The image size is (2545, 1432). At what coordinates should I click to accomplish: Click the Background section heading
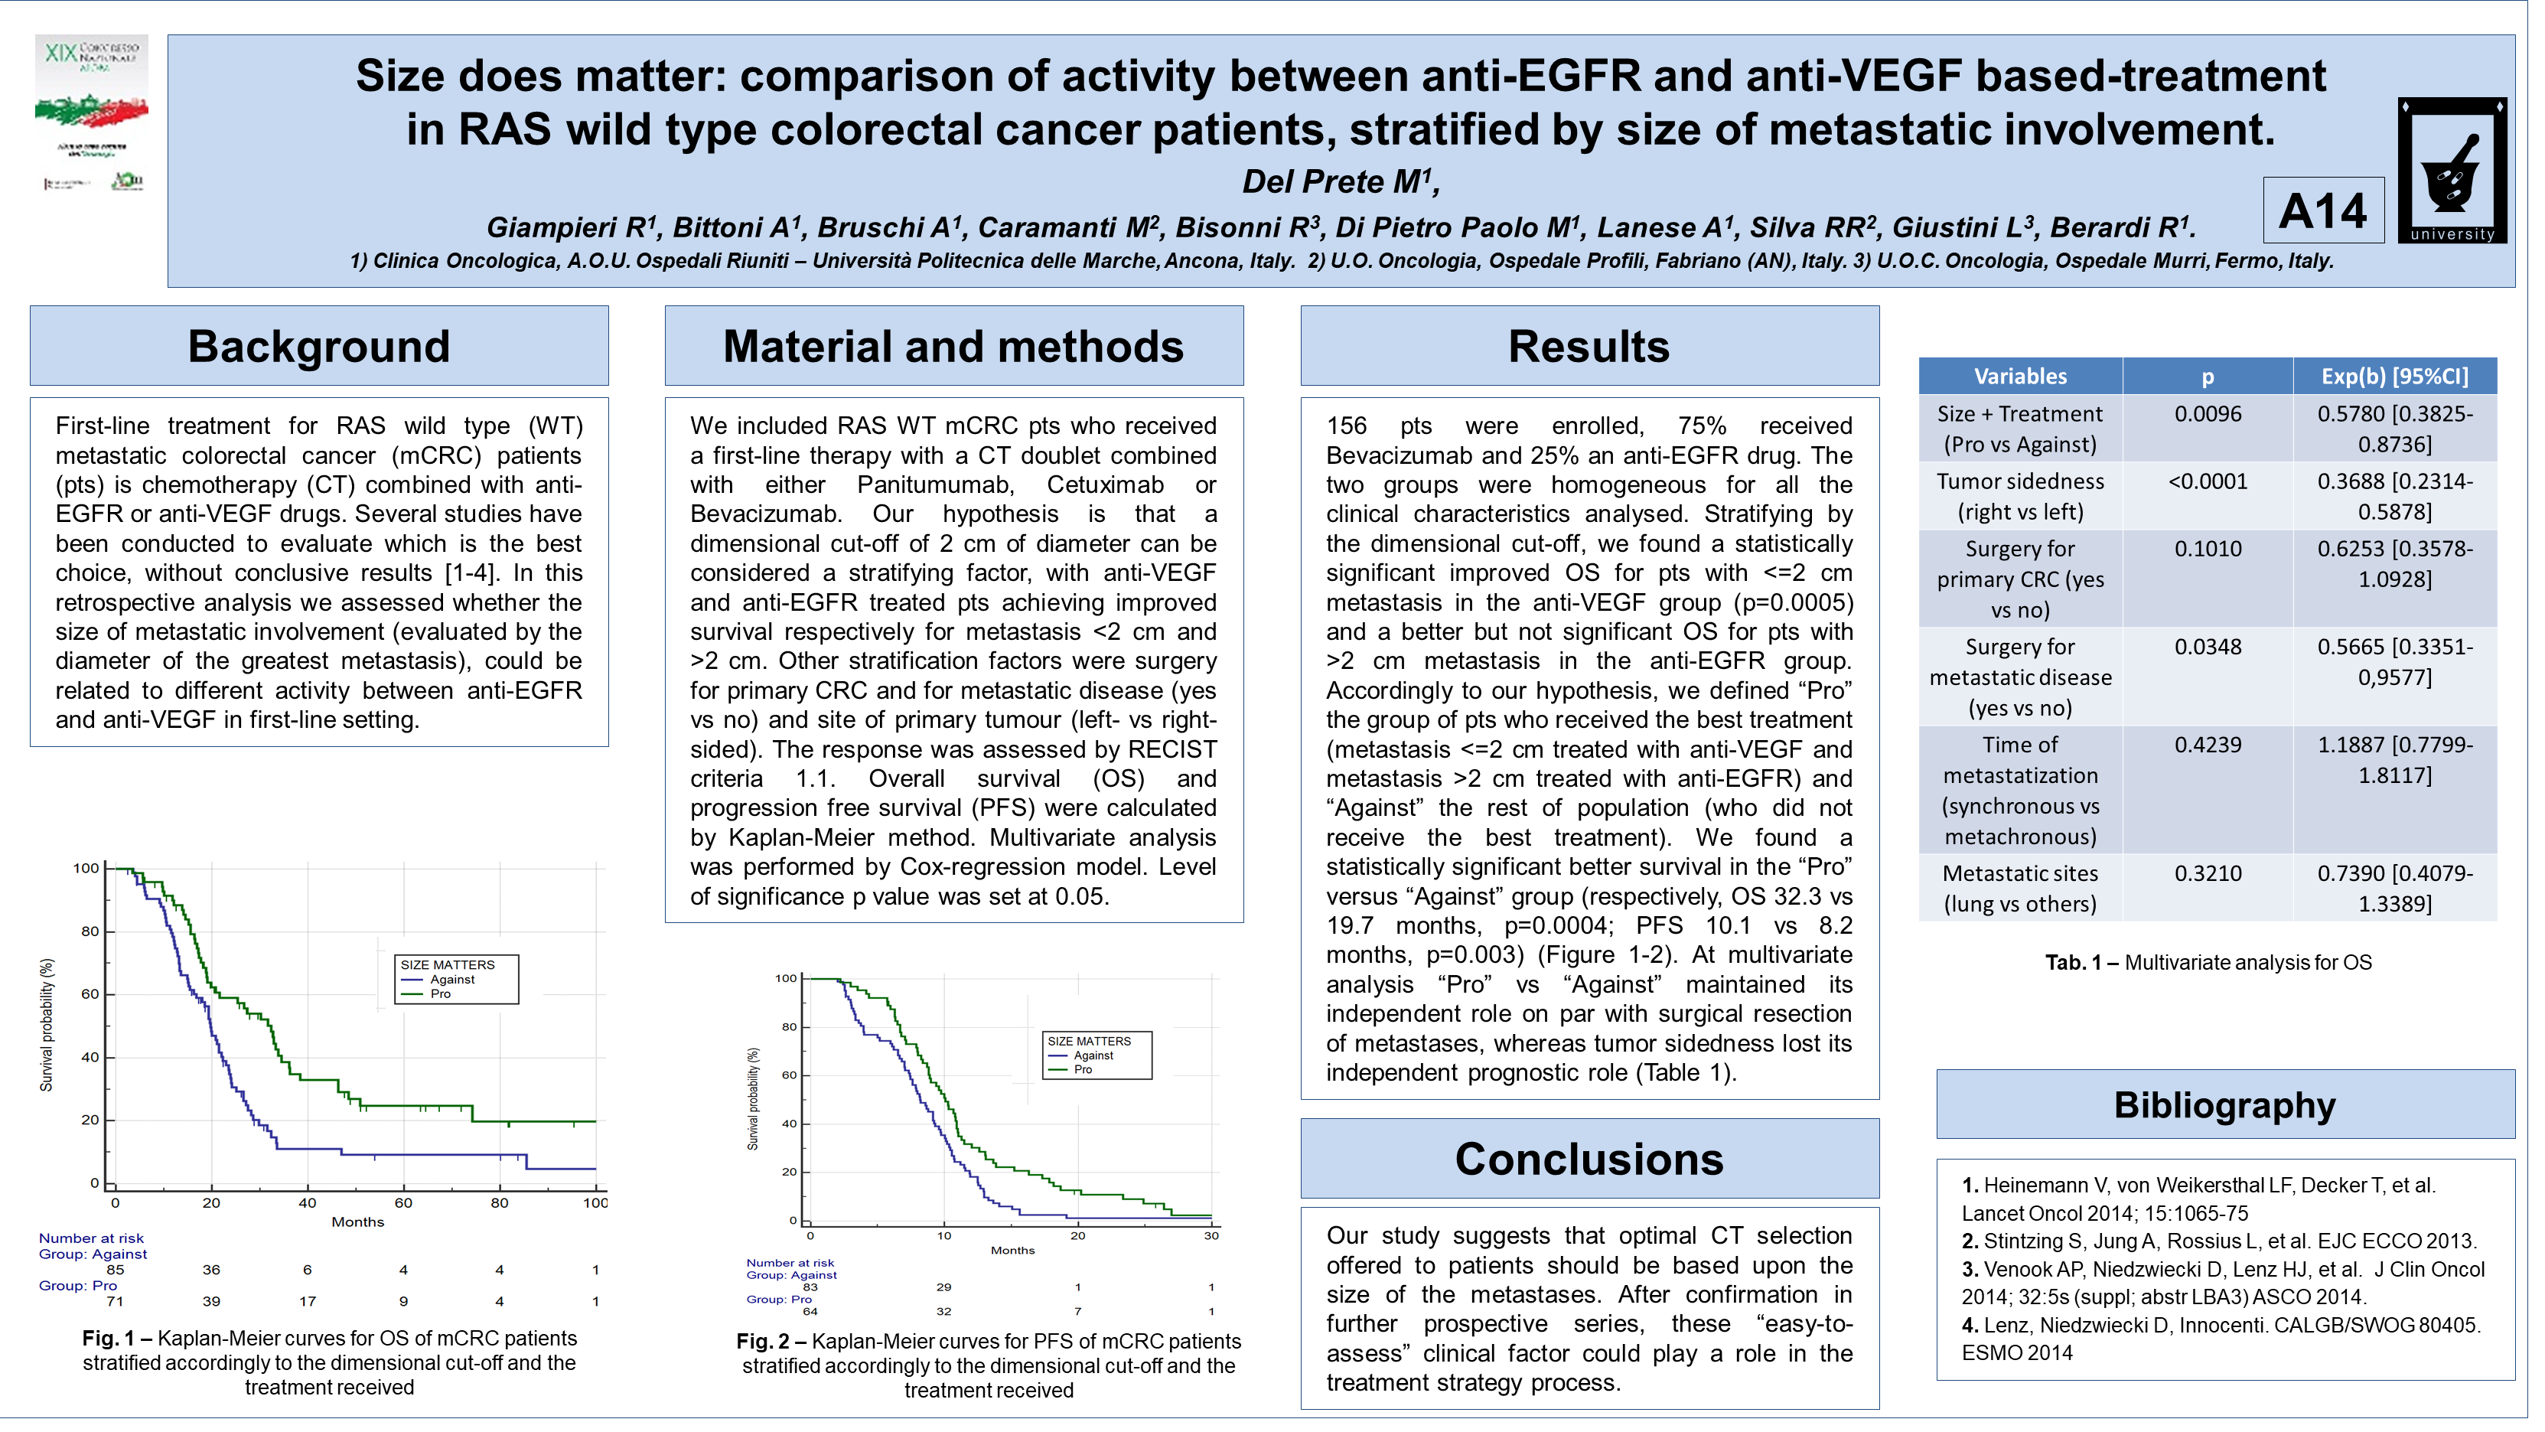320,347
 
